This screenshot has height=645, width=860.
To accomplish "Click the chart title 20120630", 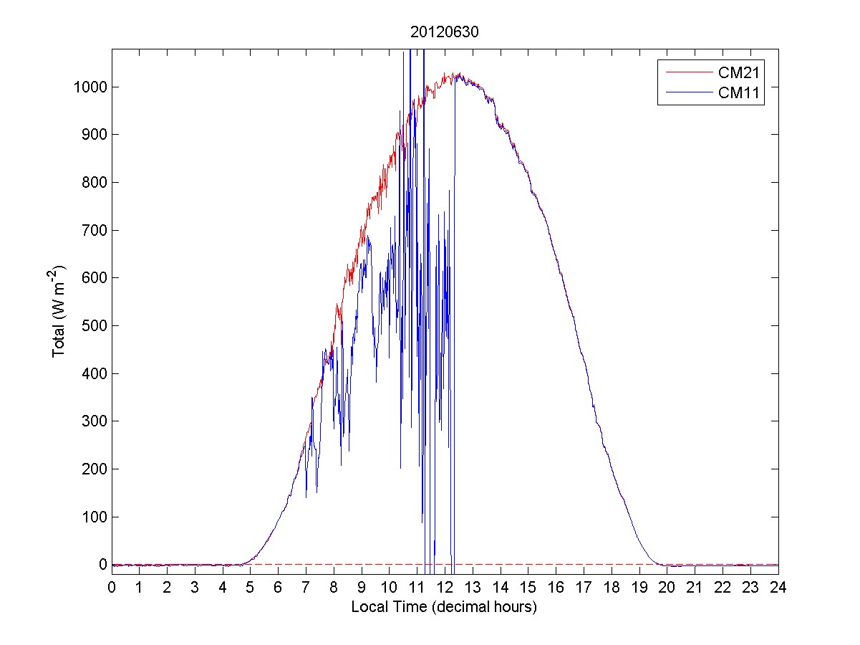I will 444,33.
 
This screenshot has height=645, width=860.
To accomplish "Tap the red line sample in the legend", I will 687,72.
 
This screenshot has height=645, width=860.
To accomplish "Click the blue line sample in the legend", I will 687,92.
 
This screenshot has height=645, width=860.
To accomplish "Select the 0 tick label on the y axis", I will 103,565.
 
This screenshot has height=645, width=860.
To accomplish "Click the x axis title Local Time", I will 444,606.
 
